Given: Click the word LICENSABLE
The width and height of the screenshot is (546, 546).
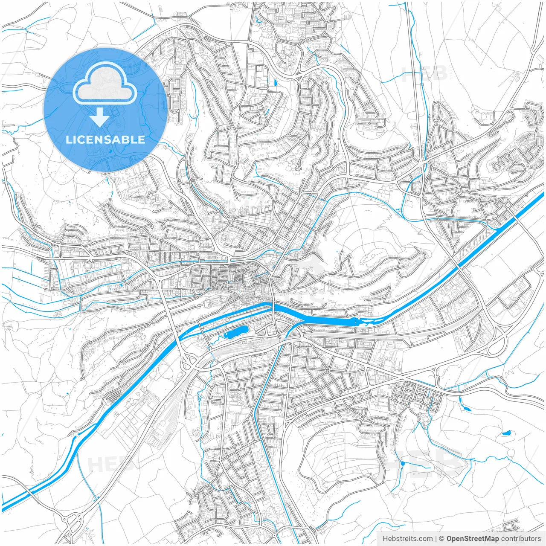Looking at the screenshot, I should point(105,139).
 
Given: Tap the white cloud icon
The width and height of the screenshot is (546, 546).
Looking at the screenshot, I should point(105,84).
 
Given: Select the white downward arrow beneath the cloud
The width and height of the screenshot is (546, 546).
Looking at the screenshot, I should point(100,116).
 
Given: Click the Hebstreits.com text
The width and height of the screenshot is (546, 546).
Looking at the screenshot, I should point(407,539).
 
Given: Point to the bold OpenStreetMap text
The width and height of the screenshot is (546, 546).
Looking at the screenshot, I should point(473,539).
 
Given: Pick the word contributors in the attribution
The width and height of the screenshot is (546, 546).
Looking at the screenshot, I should point(521,539).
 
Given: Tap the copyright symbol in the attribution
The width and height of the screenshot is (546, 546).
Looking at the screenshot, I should point(441,539).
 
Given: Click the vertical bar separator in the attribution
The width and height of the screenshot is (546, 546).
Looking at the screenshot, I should point(436,539).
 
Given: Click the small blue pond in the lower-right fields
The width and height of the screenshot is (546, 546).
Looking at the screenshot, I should point(506,433).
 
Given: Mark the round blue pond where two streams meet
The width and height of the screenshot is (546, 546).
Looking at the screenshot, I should point(402,463).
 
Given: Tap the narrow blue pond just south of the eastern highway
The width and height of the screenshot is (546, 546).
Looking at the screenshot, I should point(467,408).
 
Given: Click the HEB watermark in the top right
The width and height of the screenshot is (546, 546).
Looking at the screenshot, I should point(424,73).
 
